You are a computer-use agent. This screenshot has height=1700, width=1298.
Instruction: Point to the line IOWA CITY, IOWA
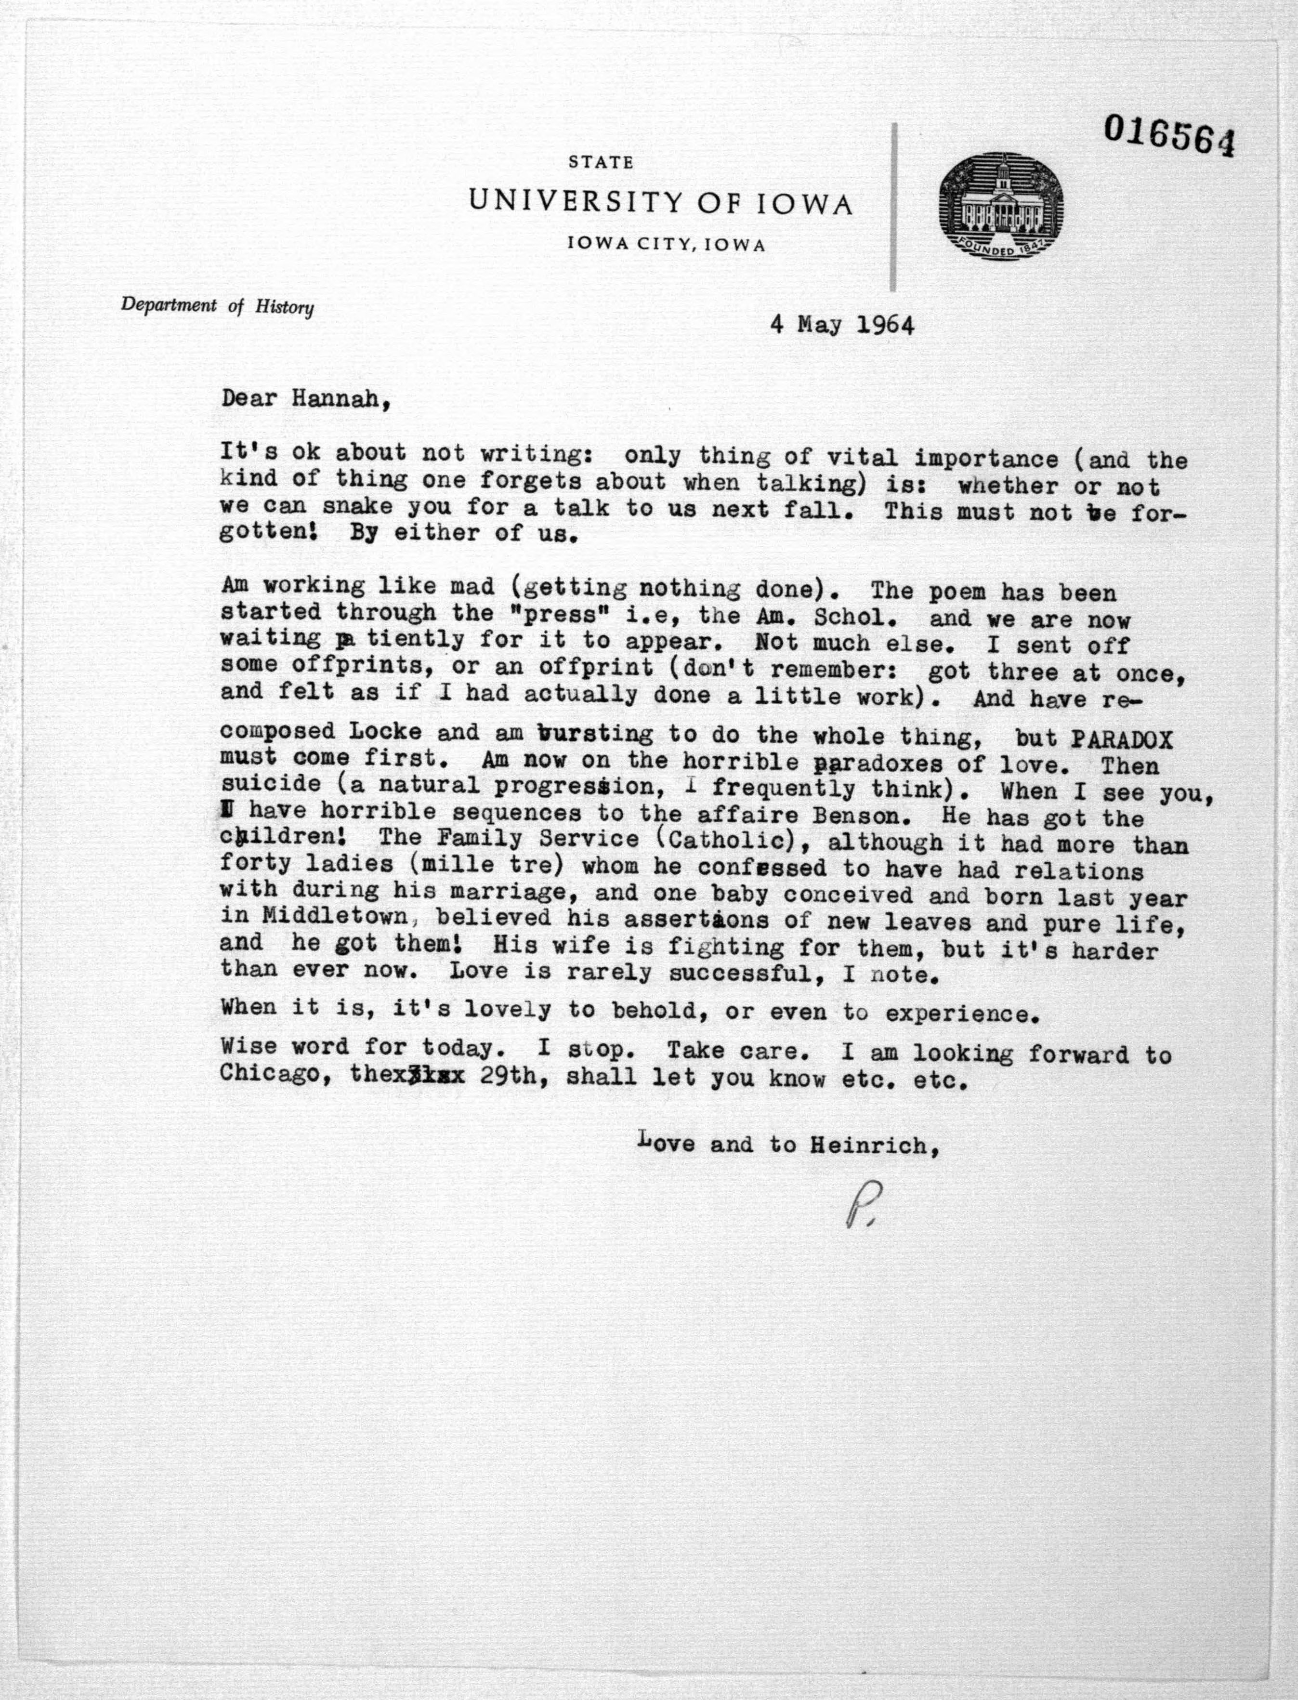point(666,246)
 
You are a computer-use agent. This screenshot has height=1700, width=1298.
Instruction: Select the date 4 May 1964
point(841,325)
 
